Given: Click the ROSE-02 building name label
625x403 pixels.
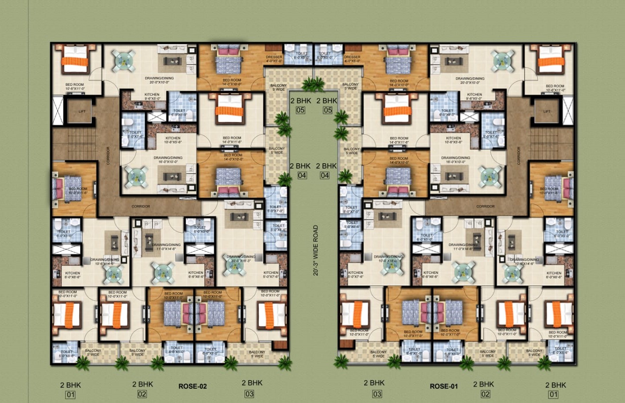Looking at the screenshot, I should [193, 386].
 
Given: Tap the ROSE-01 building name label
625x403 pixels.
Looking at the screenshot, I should [443, 386].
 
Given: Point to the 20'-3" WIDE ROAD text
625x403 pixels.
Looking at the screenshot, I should [316, 250].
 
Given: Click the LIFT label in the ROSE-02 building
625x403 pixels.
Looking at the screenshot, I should [82, 111].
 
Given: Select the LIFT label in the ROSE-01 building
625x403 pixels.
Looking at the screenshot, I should [547, 111].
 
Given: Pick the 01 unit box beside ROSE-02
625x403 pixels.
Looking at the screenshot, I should [70, 395].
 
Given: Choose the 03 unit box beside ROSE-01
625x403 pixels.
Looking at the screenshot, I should [377, 394].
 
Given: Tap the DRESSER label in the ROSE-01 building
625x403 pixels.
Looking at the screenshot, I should [352, 58].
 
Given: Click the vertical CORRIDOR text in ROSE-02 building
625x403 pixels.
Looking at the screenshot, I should [108, 155].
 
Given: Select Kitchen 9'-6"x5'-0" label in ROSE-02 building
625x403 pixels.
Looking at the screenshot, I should [152, 96].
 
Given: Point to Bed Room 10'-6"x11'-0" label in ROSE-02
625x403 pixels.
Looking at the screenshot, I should [75, 87].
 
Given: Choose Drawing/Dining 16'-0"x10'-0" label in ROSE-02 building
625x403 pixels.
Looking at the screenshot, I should [168, 160].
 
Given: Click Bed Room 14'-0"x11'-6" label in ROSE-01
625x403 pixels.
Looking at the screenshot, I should [399, 140].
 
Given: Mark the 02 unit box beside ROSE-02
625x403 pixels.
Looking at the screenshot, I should [142, 394].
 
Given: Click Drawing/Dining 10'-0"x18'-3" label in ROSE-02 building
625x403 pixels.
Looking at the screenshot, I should [241, 258].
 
